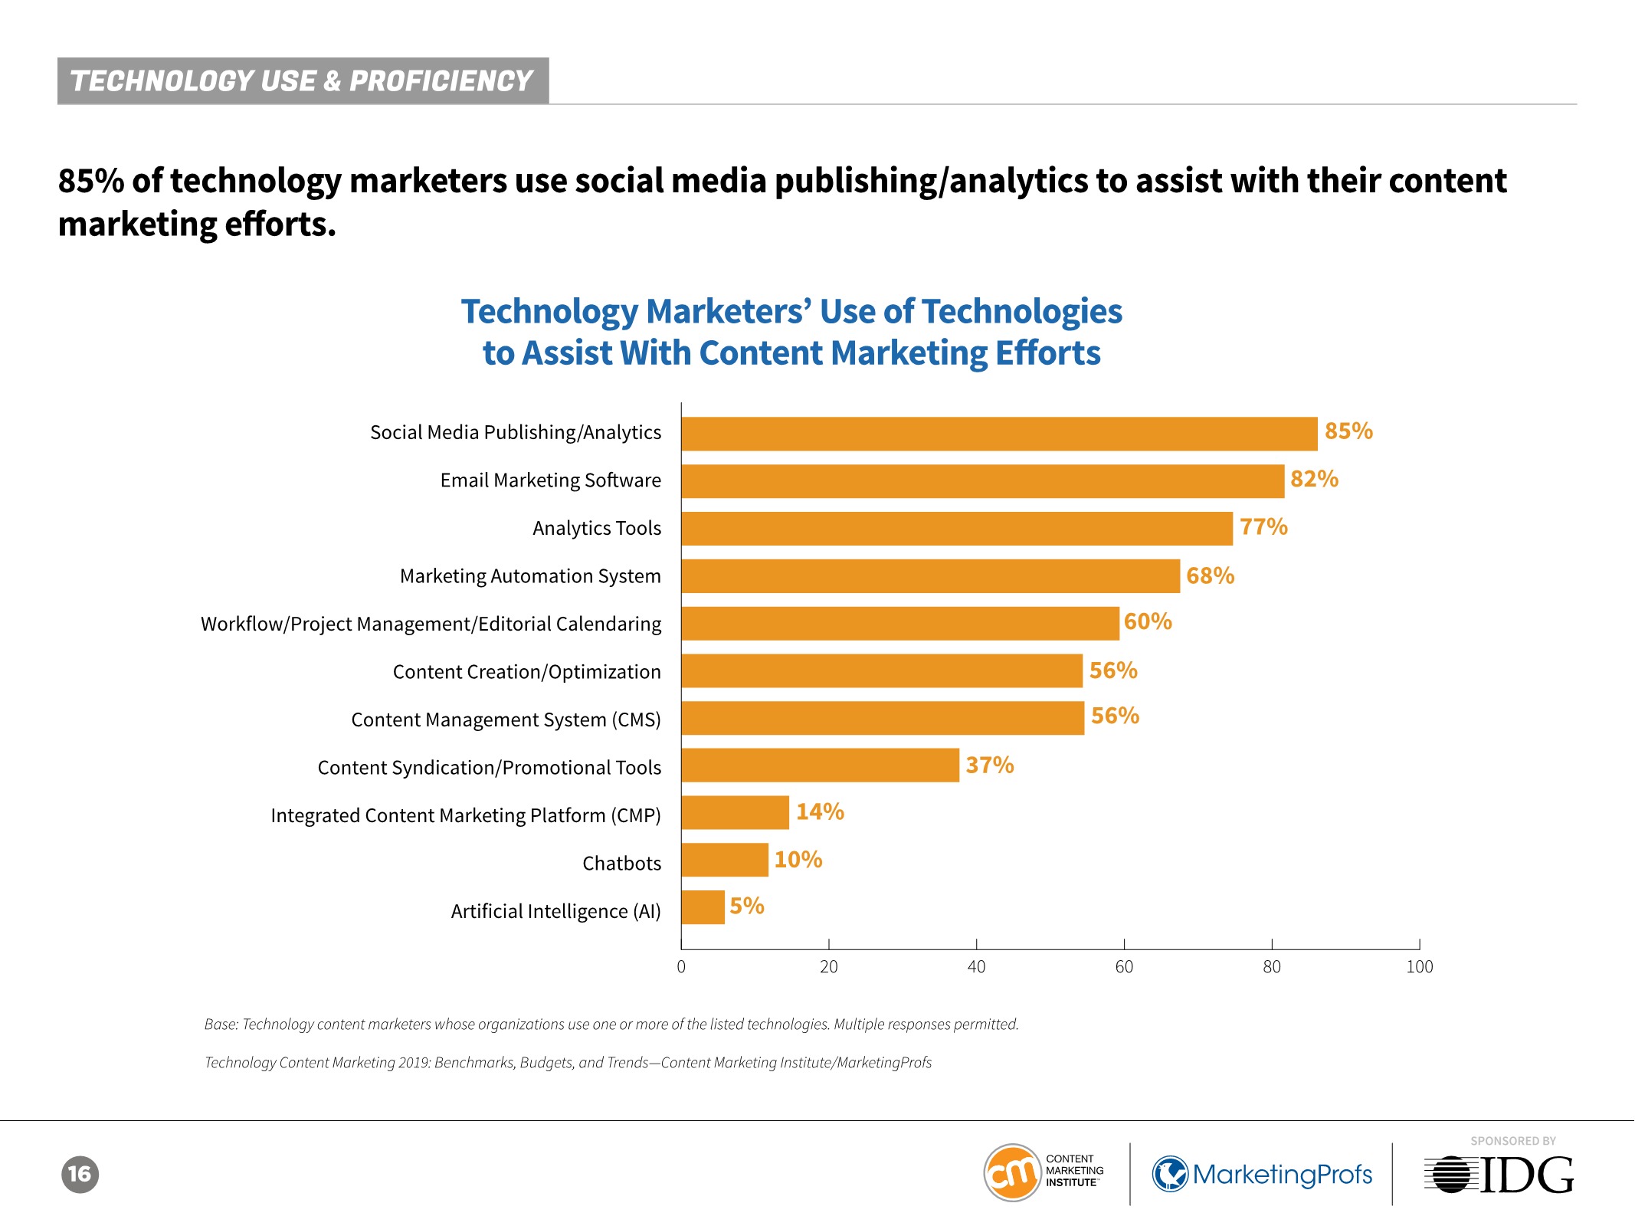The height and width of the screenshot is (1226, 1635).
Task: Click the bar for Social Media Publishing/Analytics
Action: point(999,434)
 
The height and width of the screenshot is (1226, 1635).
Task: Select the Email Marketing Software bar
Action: point(982,481)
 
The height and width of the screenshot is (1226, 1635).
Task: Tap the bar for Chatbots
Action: point(725,860)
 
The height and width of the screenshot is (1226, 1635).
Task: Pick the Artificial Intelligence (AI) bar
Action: point(703,907)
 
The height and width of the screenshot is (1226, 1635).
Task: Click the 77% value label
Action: point(1263,527)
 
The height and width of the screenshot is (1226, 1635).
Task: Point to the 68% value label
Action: point(1210,575)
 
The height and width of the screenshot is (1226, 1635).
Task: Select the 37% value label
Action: point(989,765)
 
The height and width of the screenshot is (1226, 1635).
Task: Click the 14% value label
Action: point(820,812)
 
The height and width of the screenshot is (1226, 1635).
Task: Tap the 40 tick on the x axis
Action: point(976,967)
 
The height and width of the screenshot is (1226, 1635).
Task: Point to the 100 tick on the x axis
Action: point(1419,967)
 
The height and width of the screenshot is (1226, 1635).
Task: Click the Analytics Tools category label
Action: point(597,528)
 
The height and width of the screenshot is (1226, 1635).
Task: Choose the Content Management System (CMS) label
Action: point(506,720)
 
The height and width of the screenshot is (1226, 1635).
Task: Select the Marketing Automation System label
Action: point(530,576)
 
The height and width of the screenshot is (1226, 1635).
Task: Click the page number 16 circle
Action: point(80,1174)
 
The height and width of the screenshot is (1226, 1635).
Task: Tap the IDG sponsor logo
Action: point(1499,1175)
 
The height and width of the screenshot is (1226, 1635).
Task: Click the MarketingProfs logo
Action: point(1262,1174)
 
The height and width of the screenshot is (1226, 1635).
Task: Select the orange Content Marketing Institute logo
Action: point(1012,1172)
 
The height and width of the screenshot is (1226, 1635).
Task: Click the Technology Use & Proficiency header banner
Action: point(303,80)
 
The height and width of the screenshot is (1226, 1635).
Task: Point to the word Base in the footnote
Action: point(221,1024)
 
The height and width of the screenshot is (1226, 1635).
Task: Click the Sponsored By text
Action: point(1512,1141)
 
